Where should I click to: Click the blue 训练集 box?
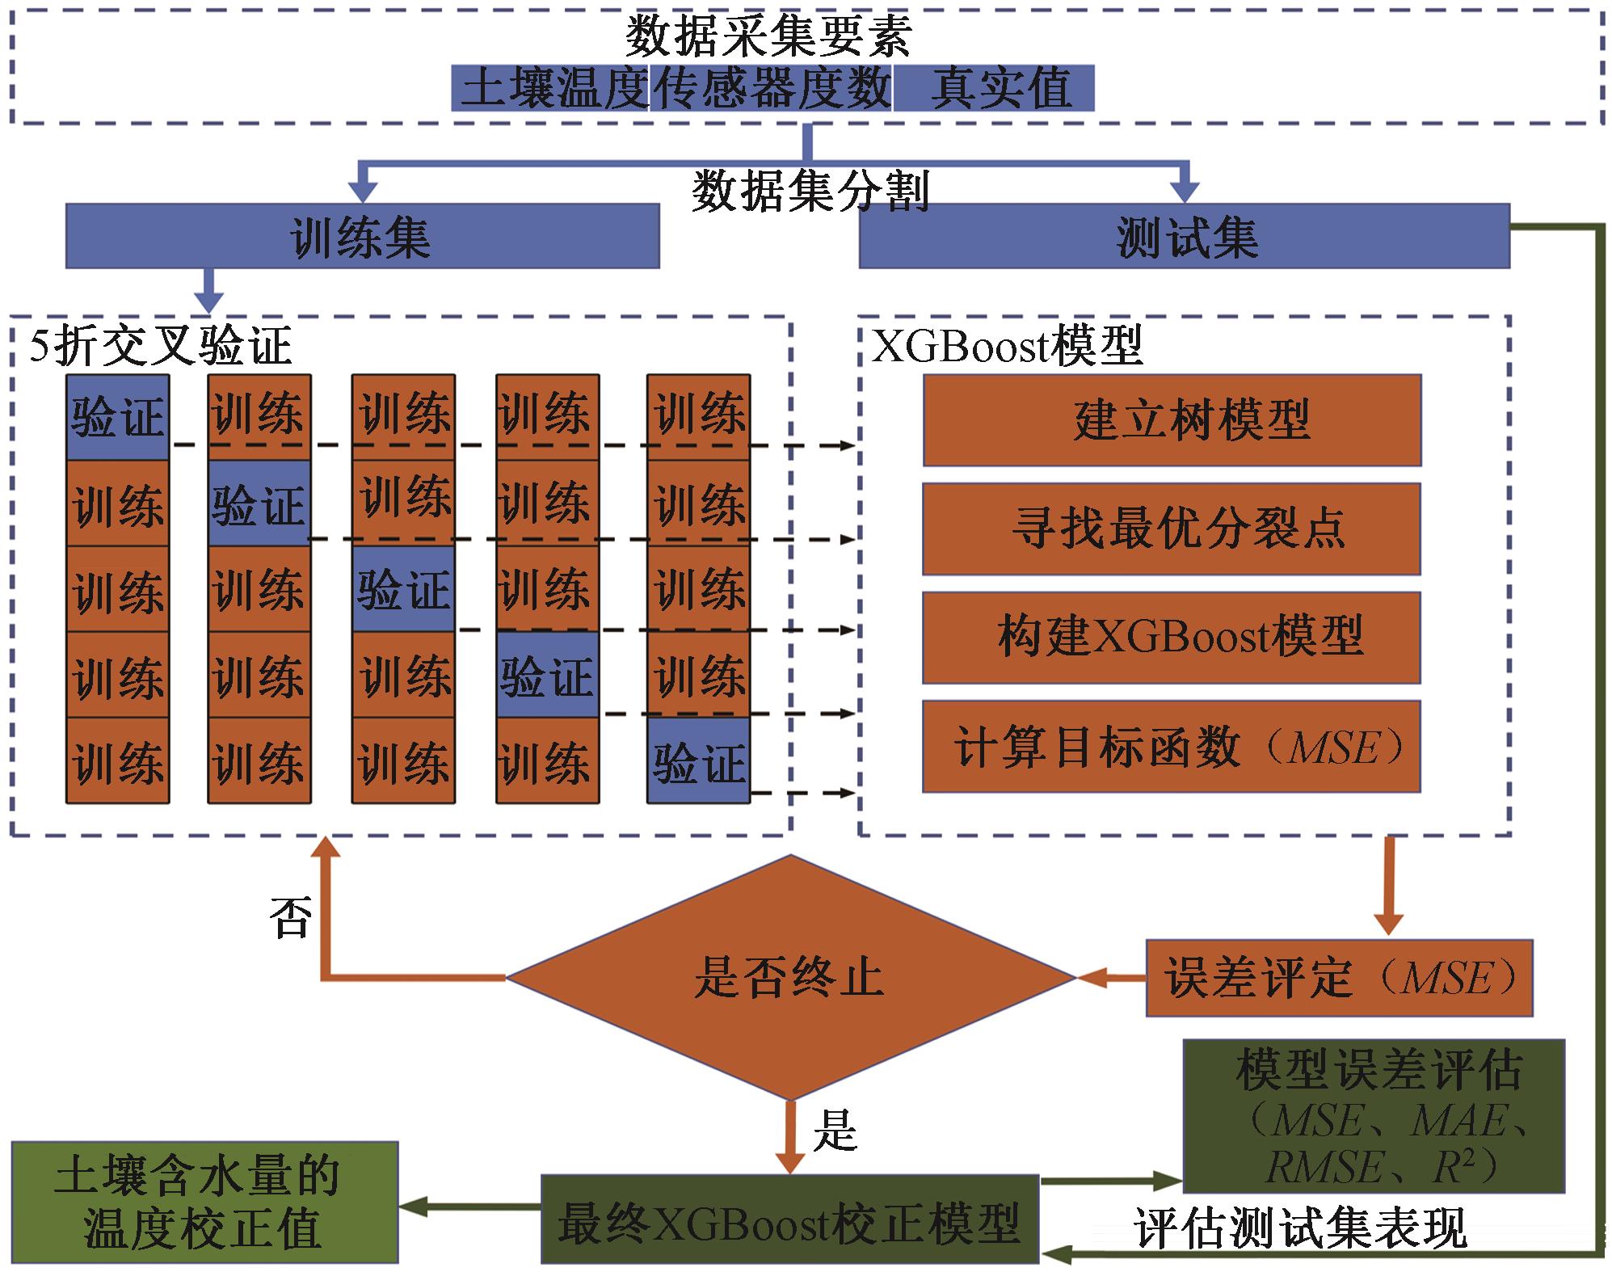(x=362, y=236)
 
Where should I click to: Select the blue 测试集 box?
(x=1184, y=236)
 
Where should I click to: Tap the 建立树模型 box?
(x=1172, y=420)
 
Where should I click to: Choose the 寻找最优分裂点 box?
(x=1172, y=529)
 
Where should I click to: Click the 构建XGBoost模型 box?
(x=1172, y=638)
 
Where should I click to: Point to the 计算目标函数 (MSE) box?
(x=1172, y=747)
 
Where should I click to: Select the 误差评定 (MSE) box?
(x=1339, y=978)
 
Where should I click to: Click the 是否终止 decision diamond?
(x=790, y=978)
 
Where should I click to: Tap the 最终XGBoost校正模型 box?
(x=789, y=1223)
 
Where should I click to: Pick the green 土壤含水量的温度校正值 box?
(x=204, y=1202)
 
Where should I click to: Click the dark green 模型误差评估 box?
(x=1374, y=1116)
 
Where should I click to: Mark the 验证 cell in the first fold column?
(x=118, y=418)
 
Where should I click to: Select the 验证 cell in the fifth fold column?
(x=699, y=761)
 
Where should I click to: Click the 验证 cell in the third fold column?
(x=403, y=589)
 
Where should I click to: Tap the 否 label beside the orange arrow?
(x=290, y=917)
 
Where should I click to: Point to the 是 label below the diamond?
(x=835, y=1130)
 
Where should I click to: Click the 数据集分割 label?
(x=810, y=192)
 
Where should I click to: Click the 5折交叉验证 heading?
(x=160, y=346)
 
